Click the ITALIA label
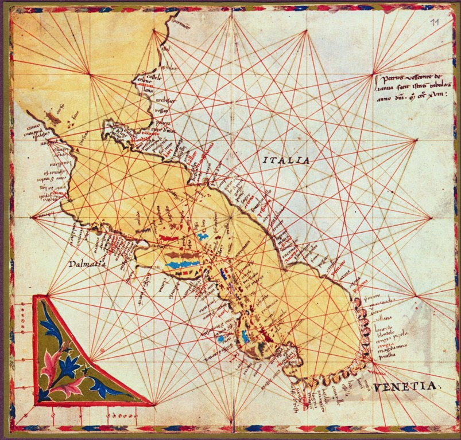point(286,160)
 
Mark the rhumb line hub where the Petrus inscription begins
point(374,73)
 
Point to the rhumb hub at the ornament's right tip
point(154,404)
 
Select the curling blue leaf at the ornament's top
point(52,327)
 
